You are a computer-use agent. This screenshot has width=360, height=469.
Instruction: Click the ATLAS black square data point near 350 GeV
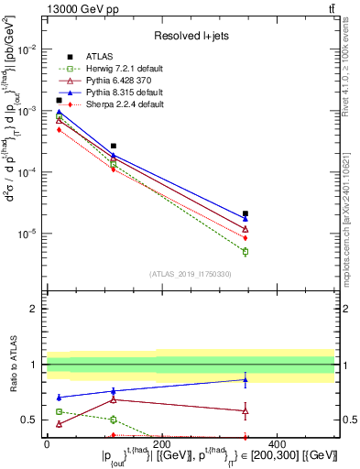tap(245, 213)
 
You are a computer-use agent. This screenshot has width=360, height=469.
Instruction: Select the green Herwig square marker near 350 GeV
tap(245, 251)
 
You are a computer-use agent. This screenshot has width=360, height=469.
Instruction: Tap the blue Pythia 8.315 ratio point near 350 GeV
tap(245, 379)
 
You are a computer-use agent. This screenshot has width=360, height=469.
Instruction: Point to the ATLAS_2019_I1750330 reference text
tap(189, 274)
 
